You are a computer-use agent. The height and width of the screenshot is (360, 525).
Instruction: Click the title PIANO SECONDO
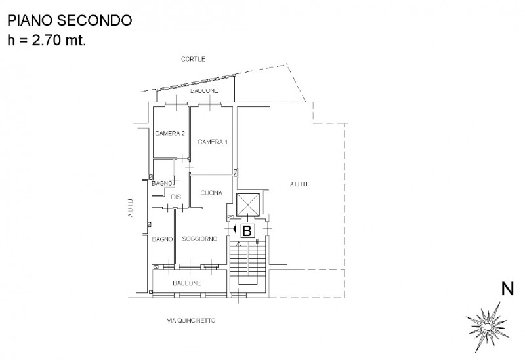point(70,20)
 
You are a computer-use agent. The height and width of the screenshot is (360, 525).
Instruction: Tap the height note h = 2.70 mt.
point(47,40)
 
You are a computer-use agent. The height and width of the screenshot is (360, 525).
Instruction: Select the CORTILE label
point(193,59)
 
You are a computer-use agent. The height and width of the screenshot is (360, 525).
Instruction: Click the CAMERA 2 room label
point(170,134)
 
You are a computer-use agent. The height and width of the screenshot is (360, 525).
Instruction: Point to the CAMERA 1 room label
point(213,142)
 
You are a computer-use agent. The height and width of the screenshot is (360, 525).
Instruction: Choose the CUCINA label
point(211,193)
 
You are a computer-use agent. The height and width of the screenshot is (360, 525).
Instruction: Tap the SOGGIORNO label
point(200,239)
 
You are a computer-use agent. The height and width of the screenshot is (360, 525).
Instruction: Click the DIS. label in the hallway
point(177,197)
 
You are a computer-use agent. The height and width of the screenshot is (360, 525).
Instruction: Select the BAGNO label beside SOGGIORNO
point(162,239)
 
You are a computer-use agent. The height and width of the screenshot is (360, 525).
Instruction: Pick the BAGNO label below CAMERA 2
point(163,184)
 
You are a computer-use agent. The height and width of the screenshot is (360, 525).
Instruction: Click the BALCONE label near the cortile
point(204,90)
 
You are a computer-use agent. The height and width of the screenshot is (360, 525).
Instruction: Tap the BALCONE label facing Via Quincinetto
point(187,283)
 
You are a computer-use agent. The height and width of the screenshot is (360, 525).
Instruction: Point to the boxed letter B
point(247,231)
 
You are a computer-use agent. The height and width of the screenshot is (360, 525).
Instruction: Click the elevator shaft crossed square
point(248,205)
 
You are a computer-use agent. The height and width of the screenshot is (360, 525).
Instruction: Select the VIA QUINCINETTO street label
point(191,321)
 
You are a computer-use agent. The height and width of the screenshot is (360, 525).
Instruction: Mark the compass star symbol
point(488,327)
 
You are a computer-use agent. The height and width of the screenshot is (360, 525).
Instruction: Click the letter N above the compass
point(507,289)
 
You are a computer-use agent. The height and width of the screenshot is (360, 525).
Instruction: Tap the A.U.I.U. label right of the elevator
point(299,184)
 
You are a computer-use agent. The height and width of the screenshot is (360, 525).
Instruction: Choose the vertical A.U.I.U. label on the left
point(130,208)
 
